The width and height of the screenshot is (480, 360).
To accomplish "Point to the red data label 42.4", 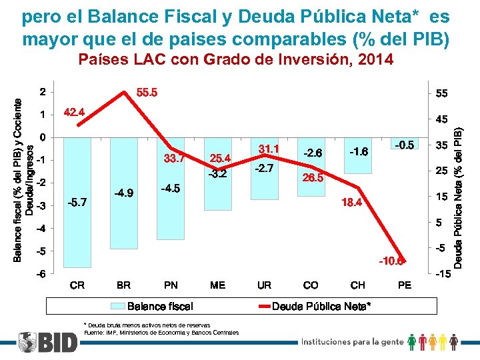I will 73,112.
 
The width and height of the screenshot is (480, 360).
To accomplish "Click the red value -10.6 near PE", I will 391,261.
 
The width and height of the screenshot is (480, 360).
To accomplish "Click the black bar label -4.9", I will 124,193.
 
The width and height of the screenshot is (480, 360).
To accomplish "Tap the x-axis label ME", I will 217,285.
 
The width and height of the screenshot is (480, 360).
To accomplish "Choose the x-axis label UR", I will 264,285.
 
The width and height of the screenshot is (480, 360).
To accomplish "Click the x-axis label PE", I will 404,285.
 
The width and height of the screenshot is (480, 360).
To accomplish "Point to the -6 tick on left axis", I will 41,274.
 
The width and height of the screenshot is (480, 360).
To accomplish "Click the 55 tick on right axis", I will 441,95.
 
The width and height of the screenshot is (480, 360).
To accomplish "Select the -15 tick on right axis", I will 443,274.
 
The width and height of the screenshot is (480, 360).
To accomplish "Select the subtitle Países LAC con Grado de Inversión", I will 236,60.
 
